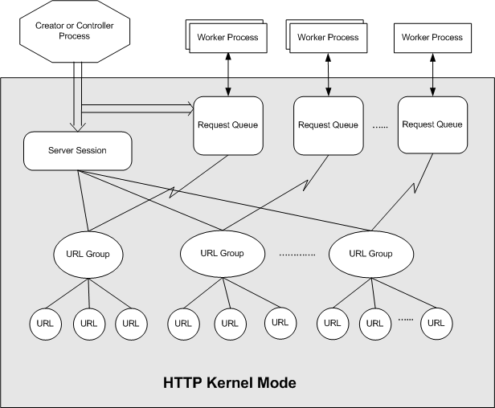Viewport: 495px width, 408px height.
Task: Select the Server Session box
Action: pos(77,151)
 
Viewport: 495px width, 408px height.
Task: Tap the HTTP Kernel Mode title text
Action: pos(230,381)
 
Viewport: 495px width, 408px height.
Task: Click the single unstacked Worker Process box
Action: pos(432,37)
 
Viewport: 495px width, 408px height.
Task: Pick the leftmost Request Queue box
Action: pos(227,124)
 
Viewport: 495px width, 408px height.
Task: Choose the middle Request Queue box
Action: pos(328,124)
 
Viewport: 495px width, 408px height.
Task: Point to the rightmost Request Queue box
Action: pos(432,124)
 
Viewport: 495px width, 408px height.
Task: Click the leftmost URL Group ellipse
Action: pos(88,255)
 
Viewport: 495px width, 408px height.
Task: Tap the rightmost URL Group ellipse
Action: pos(371,253)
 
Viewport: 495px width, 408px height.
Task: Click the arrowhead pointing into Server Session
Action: pos(77,127)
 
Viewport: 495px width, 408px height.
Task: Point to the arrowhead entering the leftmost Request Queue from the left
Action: pos(190,104)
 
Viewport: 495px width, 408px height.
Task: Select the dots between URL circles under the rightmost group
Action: pos(406,320)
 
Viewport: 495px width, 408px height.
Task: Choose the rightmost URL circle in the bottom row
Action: pos(436,323)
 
